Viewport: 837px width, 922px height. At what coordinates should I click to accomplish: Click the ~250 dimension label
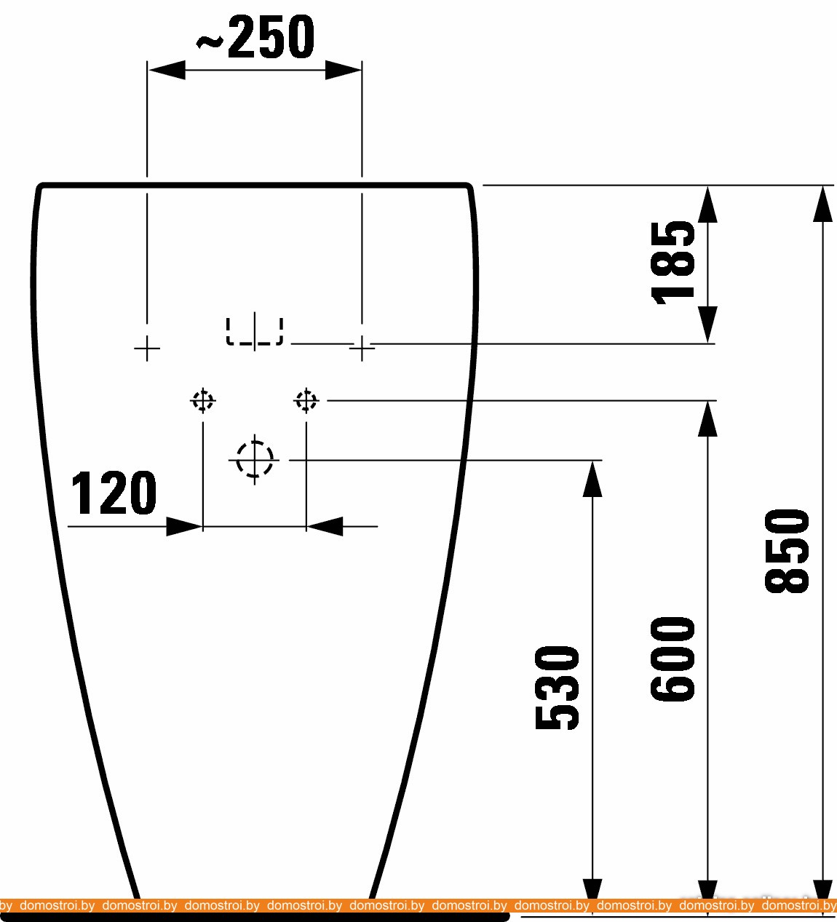[255, 37]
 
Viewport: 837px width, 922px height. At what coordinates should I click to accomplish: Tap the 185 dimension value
[673, 263]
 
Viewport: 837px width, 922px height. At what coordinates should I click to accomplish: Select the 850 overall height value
[786, 550]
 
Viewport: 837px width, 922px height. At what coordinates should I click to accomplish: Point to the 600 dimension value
[673, 659]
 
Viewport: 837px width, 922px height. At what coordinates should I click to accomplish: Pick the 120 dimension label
[114, 493]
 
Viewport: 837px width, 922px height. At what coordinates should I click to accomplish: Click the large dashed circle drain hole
[255, 458]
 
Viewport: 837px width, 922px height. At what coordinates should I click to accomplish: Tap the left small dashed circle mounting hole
[203, 401]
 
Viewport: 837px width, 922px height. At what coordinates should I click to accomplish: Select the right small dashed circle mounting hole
[306, 401]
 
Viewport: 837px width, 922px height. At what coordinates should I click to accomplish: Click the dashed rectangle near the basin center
[254, 330]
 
